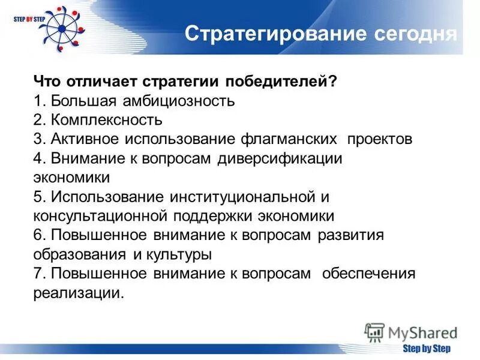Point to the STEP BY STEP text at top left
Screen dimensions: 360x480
[x=28, y=19]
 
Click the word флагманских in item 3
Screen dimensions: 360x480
[x=289, y=139]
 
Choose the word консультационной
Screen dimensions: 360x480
[x=100, y=215]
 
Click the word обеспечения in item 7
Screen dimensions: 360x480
[x=368, y=273]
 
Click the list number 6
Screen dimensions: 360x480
[x=37, y=235]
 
